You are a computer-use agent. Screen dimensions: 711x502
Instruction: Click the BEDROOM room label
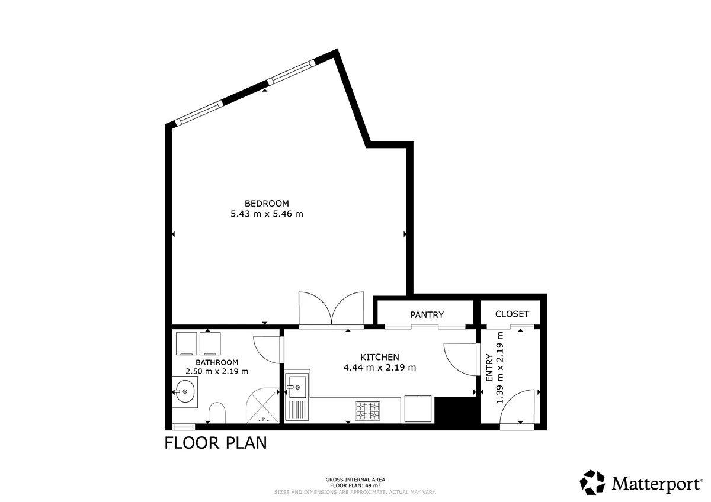(x=267, y=203)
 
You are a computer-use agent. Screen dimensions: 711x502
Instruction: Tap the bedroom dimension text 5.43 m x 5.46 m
(x=267, y=214)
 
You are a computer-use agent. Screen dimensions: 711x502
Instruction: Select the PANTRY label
(x=427, y=315)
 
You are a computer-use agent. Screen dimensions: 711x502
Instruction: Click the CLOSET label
(x=512, y=314)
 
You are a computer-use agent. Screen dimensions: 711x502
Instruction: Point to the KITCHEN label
(x=380, y=357)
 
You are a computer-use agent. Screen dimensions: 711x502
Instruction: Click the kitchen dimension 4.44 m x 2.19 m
(x=380, y=368)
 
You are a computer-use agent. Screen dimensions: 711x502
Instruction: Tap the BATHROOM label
(x=217, y=362)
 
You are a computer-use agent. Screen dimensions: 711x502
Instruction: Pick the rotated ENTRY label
(x=489, y=368)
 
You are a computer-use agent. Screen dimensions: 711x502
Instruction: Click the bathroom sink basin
(x=185, y=392)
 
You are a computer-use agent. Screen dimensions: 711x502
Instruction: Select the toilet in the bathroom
(x=217, y=413)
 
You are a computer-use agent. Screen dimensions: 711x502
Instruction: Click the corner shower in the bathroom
(x=262, y=406)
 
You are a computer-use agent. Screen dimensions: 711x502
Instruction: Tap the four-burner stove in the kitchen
(x=367, y=411)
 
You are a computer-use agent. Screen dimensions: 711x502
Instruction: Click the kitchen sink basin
(x=297, y=387)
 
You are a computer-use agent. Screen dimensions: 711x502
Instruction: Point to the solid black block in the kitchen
(x=456, y=410)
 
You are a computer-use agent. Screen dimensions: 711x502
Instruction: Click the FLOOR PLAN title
(x=216, y=443)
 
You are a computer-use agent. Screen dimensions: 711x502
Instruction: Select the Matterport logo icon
(x=592, y=482)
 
